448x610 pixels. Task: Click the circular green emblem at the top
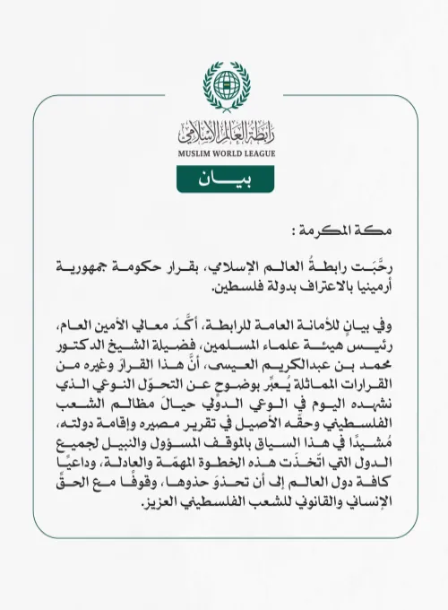[x=224, y=86]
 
